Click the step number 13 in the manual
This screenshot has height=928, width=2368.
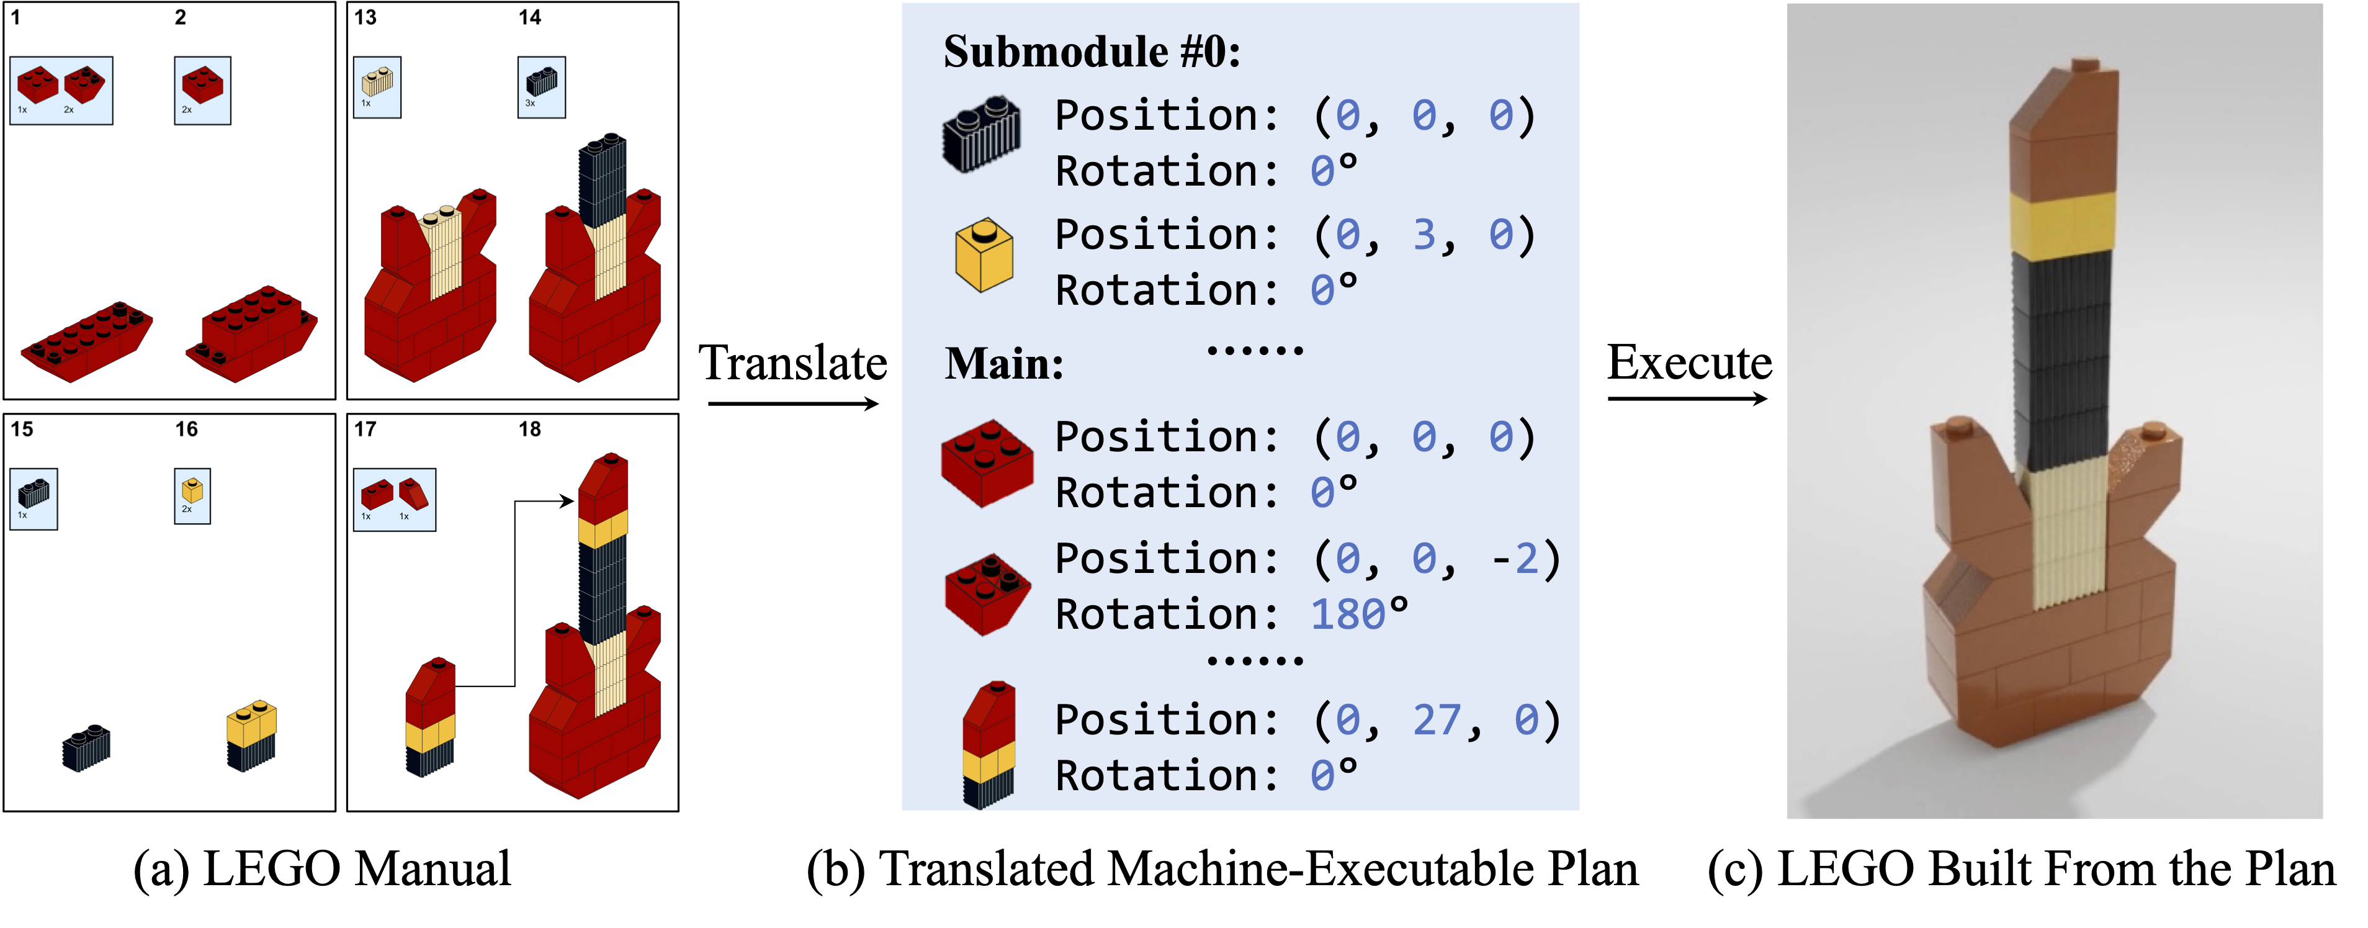(365, 17)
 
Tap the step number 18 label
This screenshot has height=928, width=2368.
(529, 430)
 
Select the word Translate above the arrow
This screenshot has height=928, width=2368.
(792, 363)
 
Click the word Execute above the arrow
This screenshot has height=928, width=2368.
(1689, 361)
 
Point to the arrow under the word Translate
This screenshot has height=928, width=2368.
(792, 403)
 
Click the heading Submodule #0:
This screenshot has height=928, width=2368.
(1091, 52)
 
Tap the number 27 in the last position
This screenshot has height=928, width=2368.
(1436, 720)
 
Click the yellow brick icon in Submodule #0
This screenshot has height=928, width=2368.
(984, 255)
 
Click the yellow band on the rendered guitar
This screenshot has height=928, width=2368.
(2062, 223)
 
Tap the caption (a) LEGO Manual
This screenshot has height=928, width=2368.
(321, 869)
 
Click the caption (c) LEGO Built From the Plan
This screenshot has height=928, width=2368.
(2020, 869)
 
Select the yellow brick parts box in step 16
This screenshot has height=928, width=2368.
(192, 496)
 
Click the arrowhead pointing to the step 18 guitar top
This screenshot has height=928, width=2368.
(568, 502)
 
